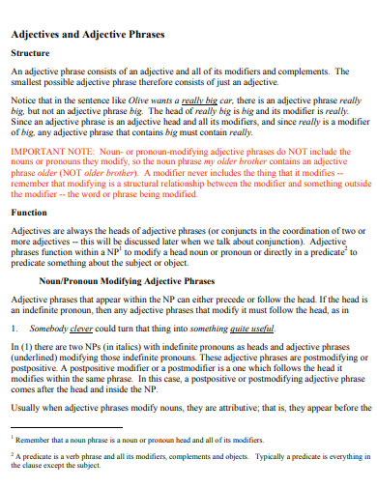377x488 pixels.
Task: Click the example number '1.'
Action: tap(14, 330)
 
